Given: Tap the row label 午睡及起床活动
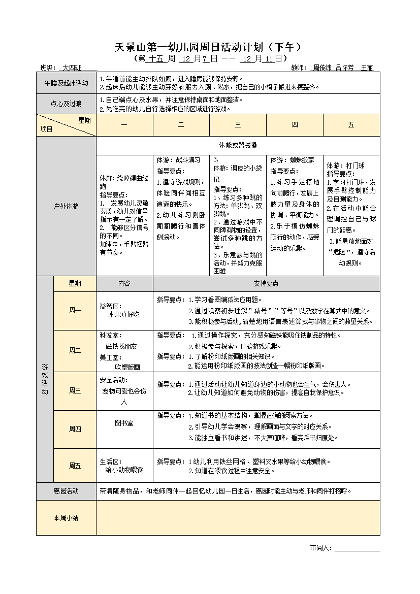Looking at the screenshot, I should tap(66, 83).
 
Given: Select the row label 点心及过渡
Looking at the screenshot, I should tap(66, 104).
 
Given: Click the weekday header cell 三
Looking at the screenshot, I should tap(238, 125).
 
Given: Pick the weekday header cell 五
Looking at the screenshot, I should tap(351, 125).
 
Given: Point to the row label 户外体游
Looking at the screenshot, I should tap(66, 206).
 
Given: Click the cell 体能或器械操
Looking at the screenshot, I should tap(238, 145).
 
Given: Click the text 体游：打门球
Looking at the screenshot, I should tap(345, 166).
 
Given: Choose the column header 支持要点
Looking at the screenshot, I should tap(266, 284).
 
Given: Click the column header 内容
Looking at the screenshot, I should tap(124, 284).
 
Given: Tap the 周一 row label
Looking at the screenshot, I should tap(75, 310).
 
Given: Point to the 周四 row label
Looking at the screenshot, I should tap(75, 429).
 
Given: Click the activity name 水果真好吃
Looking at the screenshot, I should tap(123, 315).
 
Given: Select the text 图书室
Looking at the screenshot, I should tap(124, 422).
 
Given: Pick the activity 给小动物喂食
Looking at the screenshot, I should tap(124, 470).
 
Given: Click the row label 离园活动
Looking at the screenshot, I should tap(66, 491).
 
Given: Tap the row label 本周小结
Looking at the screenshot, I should tap(66, 518).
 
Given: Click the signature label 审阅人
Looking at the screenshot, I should tap(321, 548).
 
